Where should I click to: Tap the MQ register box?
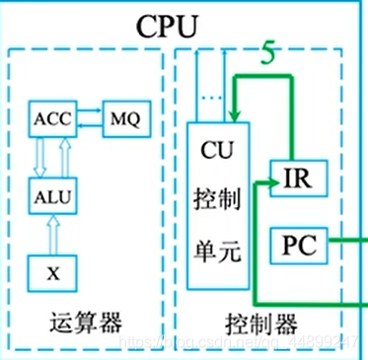tap(117, 118)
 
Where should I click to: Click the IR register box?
tap(296, 180)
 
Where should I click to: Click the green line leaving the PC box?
tap(345, 237)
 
